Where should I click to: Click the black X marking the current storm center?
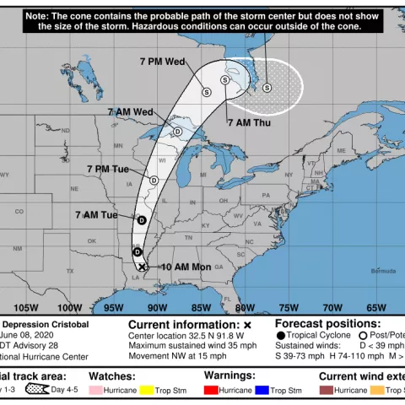pyautogui.click(x=143, y=267)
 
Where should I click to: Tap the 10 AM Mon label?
pyautogui.click(x=186, y=267)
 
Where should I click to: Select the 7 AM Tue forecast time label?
pyautogui.click(x=96, y=215)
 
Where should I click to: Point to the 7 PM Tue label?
pyautogui.click(x=107, y=169)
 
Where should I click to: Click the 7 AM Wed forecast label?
pyautogui.click(x=130, y=112)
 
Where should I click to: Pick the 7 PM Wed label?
pyautogui.click(x=164, y=62)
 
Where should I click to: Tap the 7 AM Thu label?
pyautogui.click(x=249, y=123)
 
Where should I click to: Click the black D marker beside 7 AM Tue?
pyautogui.click(x=142, y=220)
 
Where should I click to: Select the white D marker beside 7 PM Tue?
pyautogui.click(x=154, y=180)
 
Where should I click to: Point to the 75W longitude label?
pyautogui.click(x=288, y=307)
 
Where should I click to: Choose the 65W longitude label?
pyautogui.click(x=376, y=307)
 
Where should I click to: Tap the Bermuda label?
pyautogui.click(x=383, y=271)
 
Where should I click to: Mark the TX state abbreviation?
pyautogui.click(x=70, y=271)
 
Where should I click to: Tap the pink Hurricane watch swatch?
pyautogui.click(x=94, y=391)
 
